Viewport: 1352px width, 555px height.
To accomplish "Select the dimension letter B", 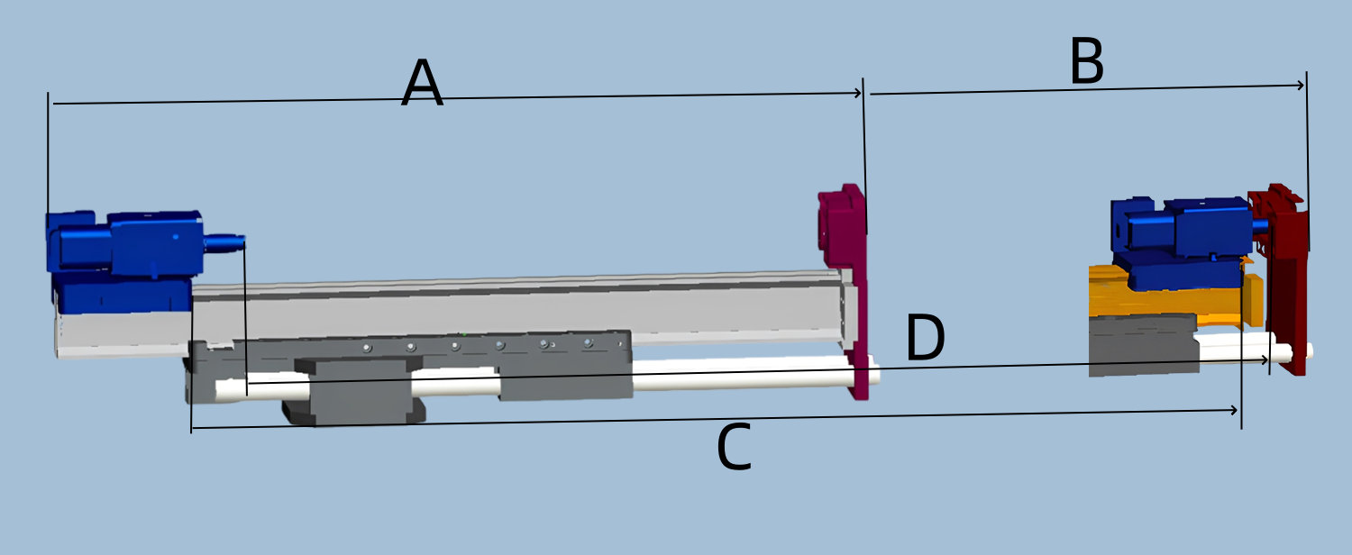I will point(1086,64).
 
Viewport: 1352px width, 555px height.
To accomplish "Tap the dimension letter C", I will point(734,449).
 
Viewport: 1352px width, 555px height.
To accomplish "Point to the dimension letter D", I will point(925,339).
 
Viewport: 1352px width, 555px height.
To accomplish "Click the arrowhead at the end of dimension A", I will point(857,93).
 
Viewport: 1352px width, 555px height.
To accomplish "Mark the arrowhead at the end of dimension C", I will point(1234,411).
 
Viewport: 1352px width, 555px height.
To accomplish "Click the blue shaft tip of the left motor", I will point(225,241).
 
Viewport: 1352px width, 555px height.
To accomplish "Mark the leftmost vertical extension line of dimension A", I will point(48,153).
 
